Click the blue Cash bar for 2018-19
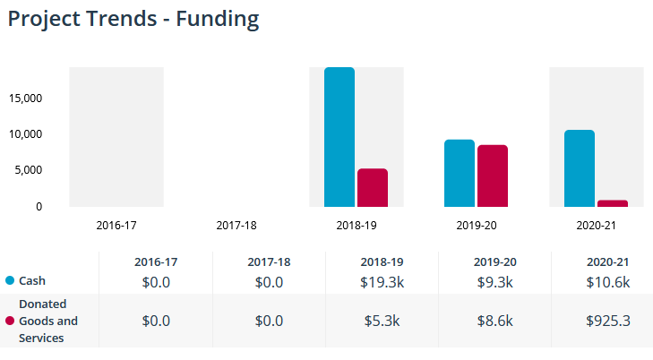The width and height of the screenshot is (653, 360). [339, 137]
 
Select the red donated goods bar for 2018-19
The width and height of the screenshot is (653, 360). [373, 187]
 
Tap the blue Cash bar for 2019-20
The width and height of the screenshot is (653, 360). [460, 173]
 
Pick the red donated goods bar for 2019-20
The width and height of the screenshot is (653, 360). [493, 176]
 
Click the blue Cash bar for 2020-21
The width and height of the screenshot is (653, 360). [580, 168]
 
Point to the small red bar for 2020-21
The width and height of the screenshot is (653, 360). [613, 203]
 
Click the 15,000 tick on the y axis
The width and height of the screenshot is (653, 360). [26, 98]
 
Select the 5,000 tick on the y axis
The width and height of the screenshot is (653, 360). [29, 170]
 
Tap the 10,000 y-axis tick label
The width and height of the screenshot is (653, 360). [26, 134]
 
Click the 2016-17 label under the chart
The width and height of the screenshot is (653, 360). [116, 225]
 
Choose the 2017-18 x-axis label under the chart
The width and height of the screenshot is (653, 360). [236, 225]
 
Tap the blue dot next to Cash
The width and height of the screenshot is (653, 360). [9, 281]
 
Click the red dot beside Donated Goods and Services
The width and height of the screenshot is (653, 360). [9, 321]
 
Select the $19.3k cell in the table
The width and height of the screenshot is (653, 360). [382, 282]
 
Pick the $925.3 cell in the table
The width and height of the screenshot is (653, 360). [608, 321]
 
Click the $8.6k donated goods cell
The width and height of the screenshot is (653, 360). [494, 321]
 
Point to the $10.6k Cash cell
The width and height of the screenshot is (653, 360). [608, 282]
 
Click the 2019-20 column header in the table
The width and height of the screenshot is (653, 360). [494, 262]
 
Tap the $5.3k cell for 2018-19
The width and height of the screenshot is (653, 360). [382, 321]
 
